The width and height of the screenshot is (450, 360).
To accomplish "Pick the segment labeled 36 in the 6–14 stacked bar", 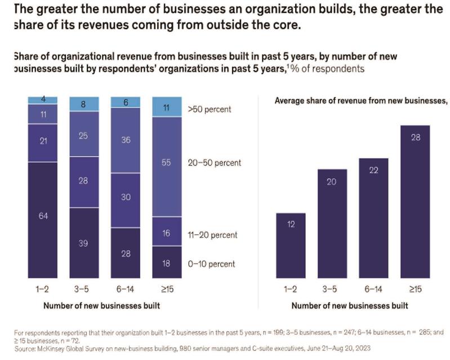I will (x=125, y=140).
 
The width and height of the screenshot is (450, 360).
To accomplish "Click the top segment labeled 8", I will (x=84, y=104).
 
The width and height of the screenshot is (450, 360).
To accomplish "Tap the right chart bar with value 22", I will (x=373, y=217).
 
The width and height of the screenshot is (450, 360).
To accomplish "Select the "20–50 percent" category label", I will (x=214, y=163).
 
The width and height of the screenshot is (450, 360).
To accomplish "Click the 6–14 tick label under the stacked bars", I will (x=125, y=289).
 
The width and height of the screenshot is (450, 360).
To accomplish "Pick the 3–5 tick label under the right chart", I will (x=332, y=289).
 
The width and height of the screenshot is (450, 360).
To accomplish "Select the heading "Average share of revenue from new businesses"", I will (x=360, y=101).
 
